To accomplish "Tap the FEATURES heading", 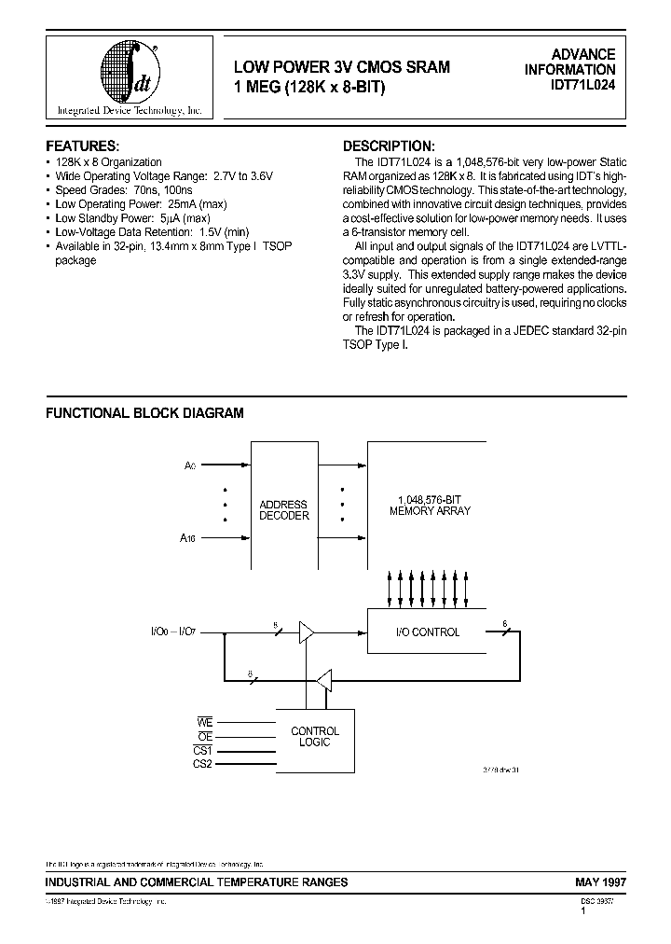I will [83, 146].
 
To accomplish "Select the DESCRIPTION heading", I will [389, 146].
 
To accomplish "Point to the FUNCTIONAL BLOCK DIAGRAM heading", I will [144, 412].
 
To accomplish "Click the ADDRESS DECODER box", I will [283, 509].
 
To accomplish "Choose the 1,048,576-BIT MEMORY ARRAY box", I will [430, 506].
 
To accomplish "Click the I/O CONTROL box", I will [430, 632].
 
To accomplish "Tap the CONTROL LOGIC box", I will [315, 737].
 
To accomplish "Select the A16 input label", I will [189, 537].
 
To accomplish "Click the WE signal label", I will [206, 723].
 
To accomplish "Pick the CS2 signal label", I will [204, 764].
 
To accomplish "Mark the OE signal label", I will [206, 737].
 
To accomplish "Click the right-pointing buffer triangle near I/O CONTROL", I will [306, 632].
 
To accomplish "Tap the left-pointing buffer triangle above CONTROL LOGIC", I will [323, 681].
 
